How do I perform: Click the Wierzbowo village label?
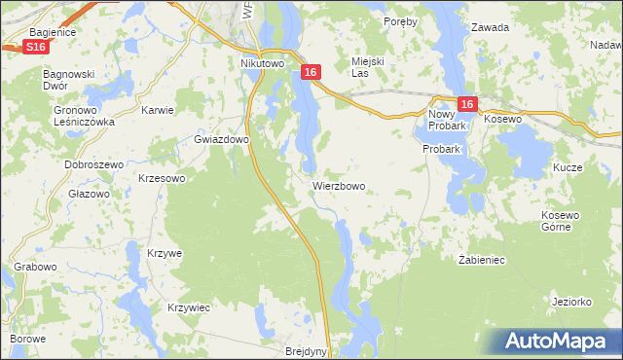pyautogui.click(x=339, y=185)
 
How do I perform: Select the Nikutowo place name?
pyautogui.click(x=261, y=64)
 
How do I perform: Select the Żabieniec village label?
pyautogui.click(x=480, y=260)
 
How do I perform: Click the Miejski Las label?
pyautogui.click(x=369, y=66)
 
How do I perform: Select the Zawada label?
pyautogui.click(x=490, y=27)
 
